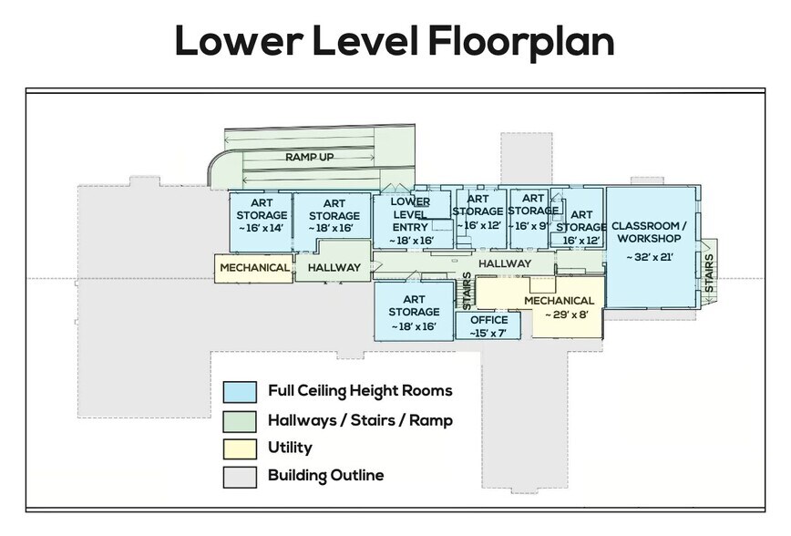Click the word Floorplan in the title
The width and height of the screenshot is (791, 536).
[521, 41]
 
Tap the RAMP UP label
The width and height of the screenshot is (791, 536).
[309, 157]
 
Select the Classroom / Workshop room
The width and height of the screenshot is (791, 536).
[652, 247]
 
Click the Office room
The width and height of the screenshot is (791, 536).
[488, 325]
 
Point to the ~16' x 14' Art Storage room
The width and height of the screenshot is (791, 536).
[261, 222]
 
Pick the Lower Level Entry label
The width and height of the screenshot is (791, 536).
[410, 214]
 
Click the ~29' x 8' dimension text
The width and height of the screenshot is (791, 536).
[567, 314]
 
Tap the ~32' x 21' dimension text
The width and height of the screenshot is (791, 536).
[650, 257]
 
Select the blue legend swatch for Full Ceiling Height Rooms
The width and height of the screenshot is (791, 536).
[240, 392]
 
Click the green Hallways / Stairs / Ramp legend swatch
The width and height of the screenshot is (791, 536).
[240, 422]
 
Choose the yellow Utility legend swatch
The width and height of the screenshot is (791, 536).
[240, 449]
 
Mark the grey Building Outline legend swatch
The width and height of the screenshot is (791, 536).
[240, 478]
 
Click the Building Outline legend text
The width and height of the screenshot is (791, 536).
[326, 476]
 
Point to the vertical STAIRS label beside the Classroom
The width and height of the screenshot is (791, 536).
[709, 273]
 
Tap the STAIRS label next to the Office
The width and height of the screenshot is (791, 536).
[467, 291]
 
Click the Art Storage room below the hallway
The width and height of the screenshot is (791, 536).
[414, 311]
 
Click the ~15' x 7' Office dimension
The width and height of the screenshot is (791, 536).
[488, 333]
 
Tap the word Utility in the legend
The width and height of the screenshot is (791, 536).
[290, 448]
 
